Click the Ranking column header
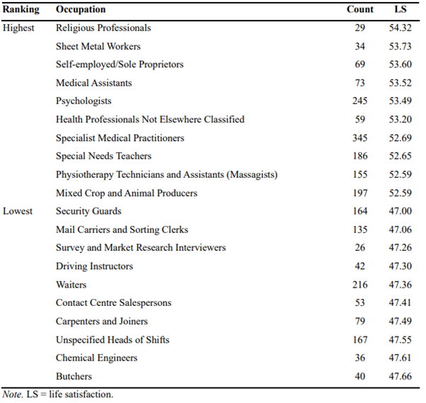point(21,9)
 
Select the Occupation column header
point(81,9)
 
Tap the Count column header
point(360,9)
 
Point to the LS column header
point(401,9)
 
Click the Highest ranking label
point(18,28)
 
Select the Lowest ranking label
point(18,211)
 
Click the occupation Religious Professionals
point(103,28)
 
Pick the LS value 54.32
point(401,28)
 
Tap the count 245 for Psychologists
point(360,101)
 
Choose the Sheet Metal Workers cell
point(98,46)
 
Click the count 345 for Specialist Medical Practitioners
point(360,138)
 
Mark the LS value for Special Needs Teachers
point(401,156)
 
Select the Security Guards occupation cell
point(88,211)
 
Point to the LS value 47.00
point(401,211)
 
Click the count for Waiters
point(360,285)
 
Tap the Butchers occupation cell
point(74,376)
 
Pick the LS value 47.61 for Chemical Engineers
point(400,358)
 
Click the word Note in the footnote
point(13,395)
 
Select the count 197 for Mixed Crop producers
point(360,193)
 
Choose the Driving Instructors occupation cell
point(95,266)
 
